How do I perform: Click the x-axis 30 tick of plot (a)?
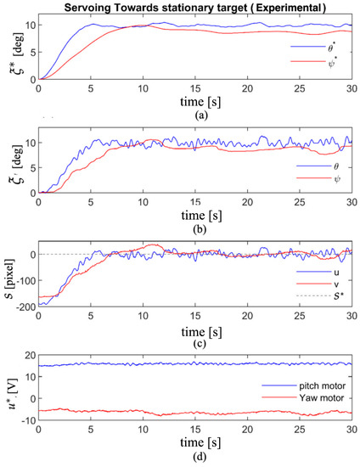coord(352,87)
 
